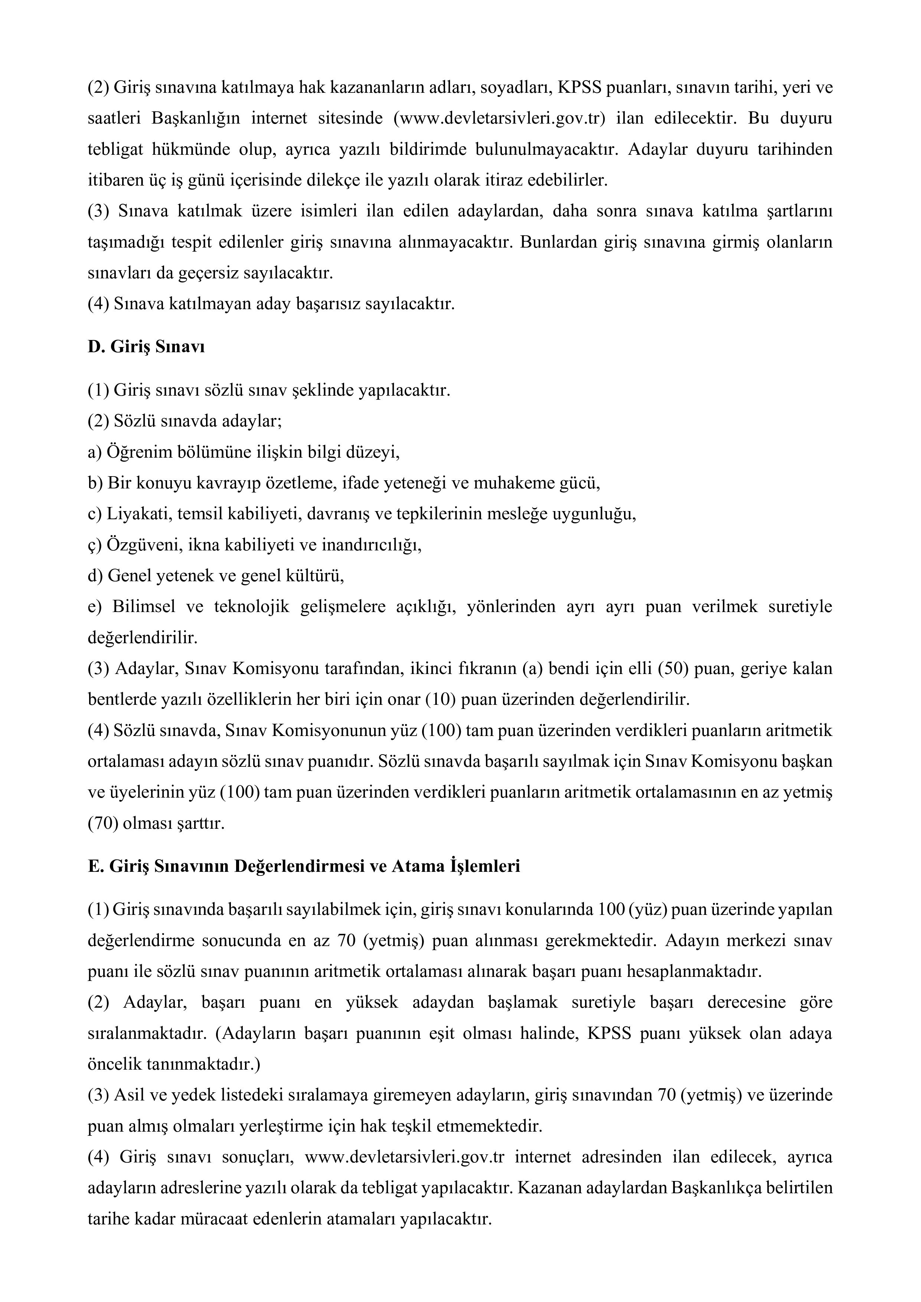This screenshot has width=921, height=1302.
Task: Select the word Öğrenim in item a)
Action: (x=133, y=452)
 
